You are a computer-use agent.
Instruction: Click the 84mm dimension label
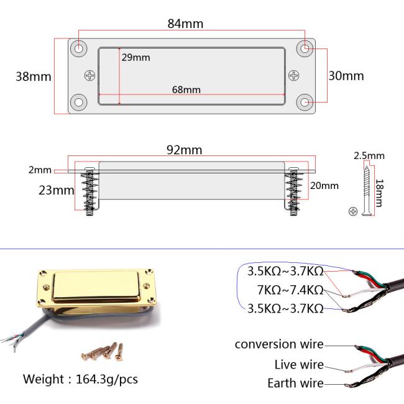point(185,24)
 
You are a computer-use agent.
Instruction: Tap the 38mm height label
point(34,76)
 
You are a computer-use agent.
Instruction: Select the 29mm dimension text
point(135,57)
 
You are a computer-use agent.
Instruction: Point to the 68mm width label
point(186,90)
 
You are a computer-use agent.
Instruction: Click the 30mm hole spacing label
point(346,76)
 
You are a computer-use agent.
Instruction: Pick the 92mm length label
point(184,150)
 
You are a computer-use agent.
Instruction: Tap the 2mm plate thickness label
point(40,170)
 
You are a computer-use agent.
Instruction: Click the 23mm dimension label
point(57,190)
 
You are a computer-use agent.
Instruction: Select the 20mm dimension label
point(324,186)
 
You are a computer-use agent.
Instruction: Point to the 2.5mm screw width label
point(369,155)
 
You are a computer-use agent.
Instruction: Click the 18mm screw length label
point(380,193)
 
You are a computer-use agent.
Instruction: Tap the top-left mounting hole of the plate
point(78,48)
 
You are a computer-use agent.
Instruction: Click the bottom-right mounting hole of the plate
point(305,103)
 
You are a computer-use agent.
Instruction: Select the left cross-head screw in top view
point(90,75)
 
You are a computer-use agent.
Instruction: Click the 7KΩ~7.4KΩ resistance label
point(290,290)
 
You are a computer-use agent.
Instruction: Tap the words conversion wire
point(279,344)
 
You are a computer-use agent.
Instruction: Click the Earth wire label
point(295,383)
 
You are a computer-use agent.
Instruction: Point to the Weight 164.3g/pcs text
point(80,379)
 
